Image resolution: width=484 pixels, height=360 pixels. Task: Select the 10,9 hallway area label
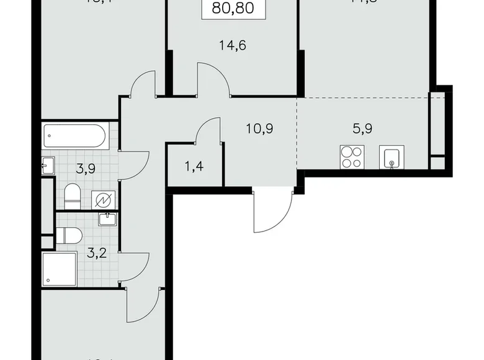pyautogui.click(x=259, y=129)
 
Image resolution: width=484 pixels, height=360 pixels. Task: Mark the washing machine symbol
pyautogui.click(x=101, y=199)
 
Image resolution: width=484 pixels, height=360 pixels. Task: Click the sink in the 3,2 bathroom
pyautogui.click(x=107, y=218)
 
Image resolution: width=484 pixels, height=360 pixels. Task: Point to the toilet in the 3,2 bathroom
pyautogui.click(x=69, y=235)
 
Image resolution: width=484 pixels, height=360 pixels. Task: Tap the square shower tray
pyautogui.click(x=59, y=269)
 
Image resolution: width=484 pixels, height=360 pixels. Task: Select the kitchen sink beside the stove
pyautogui.click(x=392, y=157)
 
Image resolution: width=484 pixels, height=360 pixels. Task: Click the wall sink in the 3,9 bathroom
pyautogui.click(x=48, y=164)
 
